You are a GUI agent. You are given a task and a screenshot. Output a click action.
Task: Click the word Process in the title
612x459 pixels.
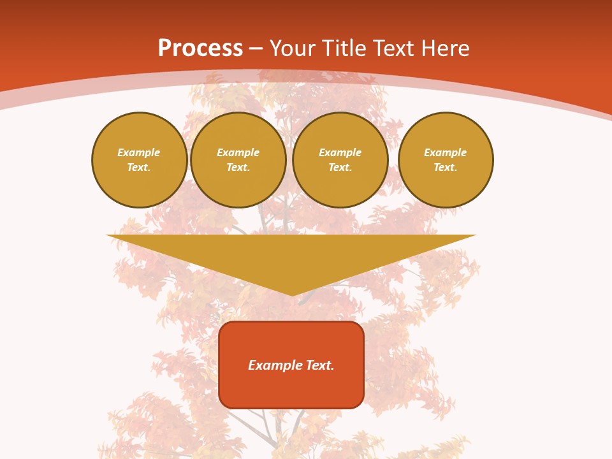point(200,48)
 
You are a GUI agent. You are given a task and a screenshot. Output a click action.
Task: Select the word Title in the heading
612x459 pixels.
point(346,48)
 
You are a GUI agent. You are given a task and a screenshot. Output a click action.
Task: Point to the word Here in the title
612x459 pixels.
point(448,48)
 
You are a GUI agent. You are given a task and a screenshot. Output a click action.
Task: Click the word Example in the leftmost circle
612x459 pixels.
point(139,152)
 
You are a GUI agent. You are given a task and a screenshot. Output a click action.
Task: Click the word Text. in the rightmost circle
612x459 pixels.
point(445,167)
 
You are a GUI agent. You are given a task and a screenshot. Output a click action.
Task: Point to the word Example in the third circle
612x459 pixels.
point(340,152)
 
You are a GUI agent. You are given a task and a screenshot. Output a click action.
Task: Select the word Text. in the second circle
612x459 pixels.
point(238,167)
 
